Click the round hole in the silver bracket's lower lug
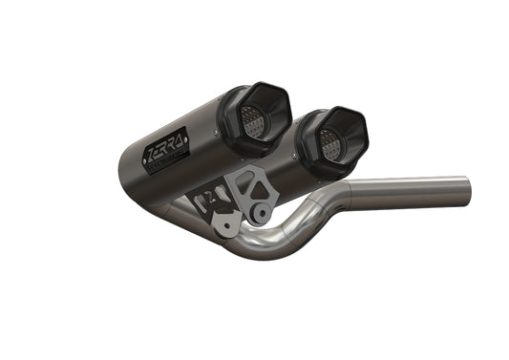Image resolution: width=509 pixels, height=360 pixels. click(x=256, y=213)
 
